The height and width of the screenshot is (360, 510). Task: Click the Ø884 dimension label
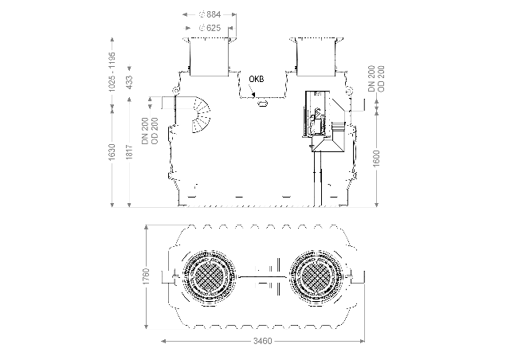point(210,14)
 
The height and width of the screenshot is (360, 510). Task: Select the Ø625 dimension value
point(210,28)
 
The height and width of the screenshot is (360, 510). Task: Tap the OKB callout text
point(257,79)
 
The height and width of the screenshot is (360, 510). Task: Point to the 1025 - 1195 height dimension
point(112,72)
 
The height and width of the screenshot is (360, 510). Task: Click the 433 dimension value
point(129,82)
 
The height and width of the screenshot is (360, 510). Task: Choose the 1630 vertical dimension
point(112,152)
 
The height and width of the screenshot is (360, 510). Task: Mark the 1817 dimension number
point(129,152)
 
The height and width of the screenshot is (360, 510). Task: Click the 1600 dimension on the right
point(377,158)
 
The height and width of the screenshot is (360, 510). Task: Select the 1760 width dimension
point(147,276)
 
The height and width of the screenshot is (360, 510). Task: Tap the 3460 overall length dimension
point(262,341)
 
